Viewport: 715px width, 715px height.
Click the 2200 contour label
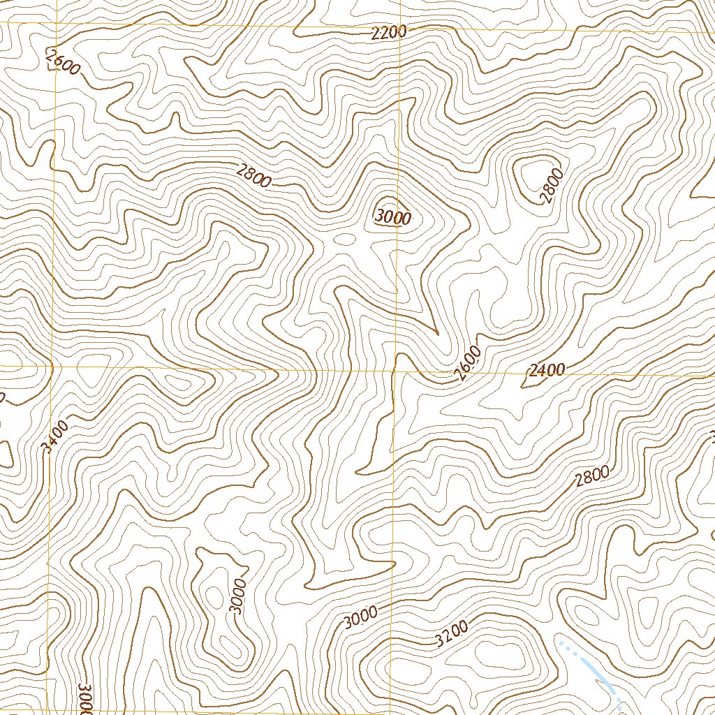point(389,33)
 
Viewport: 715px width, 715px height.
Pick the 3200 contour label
point(450,633)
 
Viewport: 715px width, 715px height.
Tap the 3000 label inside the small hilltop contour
point(392,217)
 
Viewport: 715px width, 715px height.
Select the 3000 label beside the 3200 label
point(361,617)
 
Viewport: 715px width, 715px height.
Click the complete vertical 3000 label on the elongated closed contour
point(238,596)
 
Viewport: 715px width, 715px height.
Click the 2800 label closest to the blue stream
point(593,476)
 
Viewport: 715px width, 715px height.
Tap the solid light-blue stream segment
point(600,678)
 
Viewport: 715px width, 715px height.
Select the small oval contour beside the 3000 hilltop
point(344,239)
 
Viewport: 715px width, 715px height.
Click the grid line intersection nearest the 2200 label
point(399,31)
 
